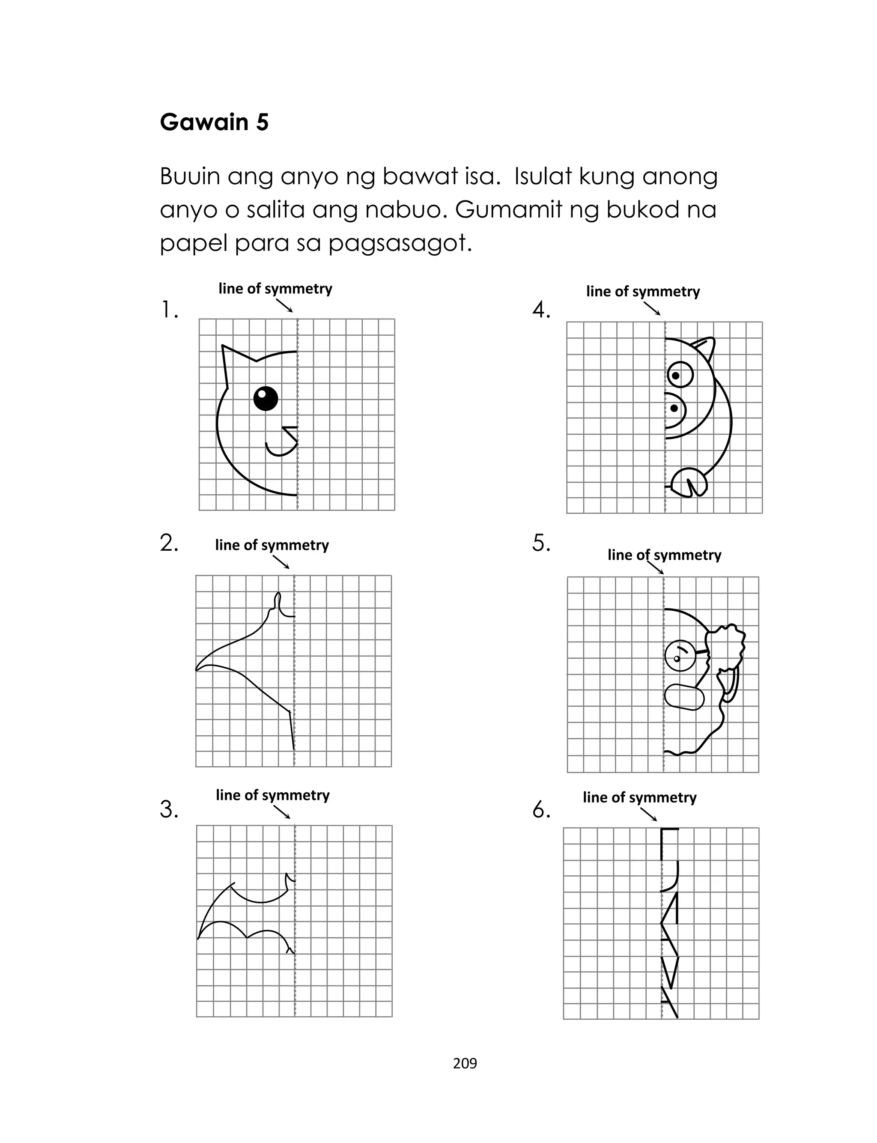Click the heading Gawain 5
point(214,122)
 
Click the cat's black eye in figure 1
point(265,398)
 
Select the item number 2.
point(169,543)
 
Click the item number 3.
point(169,809)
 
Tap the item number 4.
point(541,310)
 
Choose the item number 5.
point(541,543)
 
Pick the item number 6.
point(541,809)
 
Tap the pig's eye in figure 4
point(679,375)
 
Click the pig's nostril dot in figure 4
point(674,408)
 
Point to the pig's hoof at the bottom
point(688,483)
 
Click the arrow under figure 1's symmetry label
point(284,305)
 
